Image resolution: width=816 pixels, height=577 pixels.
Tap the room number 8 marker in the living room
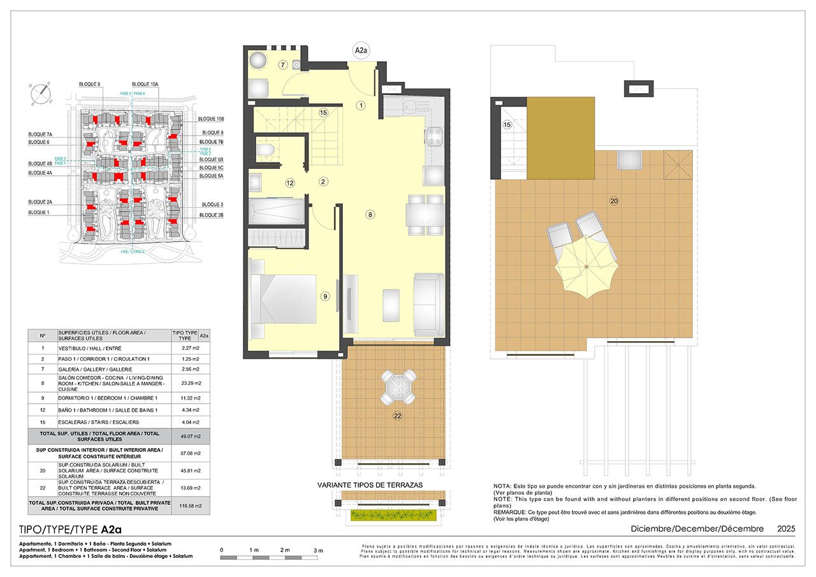click(x=370, y=215)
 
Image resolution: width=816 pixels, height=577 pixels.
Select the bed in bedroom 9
click(x=284, y=300)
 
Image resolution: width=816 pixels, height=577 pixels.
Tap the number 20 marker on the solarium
click(x=614, y=201)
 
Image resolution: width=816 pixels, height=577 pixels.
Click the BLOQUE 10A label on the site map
click(x=145, y=84)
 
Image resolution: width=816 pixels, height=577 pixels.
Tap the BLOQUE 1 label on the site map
click(x=38, y=212)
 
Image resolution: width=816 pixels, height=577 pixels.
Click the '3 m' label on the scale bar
click(x=319, y=550)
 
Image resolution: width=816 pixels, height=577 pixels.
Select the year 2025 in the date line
click(x=786, y=529)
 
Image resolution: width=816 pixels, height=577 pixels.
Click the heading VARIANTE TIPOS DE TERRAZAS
click(x=370, y=485)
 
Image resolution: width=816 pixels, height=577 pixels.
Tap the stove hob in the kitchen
click(x=433, y=135)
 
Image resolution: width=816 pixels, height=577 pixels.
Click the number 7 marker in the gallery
click(x=281, y=65)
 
